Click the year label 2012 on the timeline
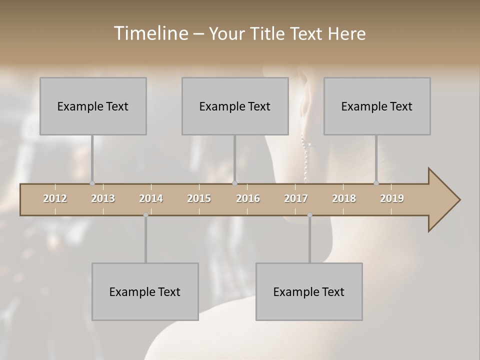pyautogui.click(x=55, y=198)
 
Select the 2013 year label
pyautogui.click(x=103, y=198)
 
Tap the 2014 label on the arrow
pyautogui.click(x=151, y=198)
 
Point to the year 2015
pyautogui.click(x=199, y=198)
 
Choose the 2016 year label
pyautogui.click(x=248, y=198)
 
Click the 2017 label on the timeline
pyautogui.click(x=296, y=198)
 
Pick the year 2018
pyautogui.click(x=344, y=198)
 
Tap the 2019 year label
pyautogui.click(x=392, y=198)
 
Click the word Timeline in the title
pyautogui.click(x=150, y=33)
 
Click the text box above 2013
pyautogui.click(x=93, y=106)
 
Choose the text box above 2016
pyautogui.click(x=235, y=106)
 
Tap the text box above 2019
pyautogui.click(x=377, y=106)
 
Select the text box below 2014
pyautogui.click(x=145, y=291)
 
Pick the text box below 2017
pyautogui.click(x=309, y=291)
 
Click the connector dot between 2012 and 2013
pyautogui.click(x=92, y=183)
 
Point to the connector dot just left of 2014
pyautogui.click(x=145, y=215)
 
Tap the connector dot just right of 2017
pyautogui.click(x=309, y=215)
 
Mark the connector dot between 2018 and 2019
pyautogui.click(x=376, y=183)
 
